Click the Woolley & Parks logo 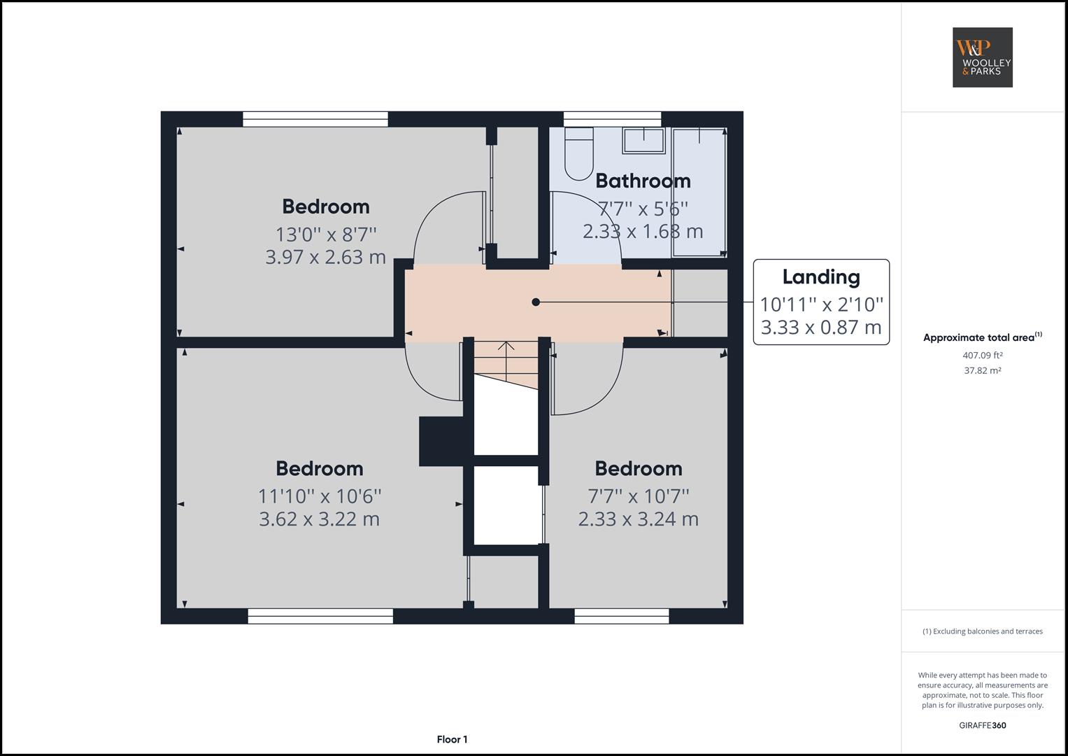point(982,57)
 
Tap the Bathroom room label point(643,181)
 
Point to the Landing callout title point(821,277)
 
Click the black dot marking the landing point(536,302)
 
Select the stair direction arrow point(506,348)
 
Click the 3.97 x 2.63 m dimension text point(325,257)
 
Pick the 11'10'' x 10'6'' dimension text point(320,496)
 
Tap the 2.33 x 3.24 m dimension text point(638,519)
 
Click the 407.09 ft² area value point(982,355)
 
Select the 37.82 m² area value point(982,370)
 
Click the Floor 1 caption point(452,739)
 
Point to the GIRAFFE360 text point(982,725)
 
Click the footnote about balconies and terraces point(982,631)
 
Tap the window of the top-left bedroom point(315,120)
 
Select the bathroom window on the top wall point(612,120)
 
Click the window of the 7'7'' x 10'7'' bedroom point(621,616)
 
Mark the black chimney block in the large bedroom point(441,441)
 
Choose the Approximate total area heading point(982,337)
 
